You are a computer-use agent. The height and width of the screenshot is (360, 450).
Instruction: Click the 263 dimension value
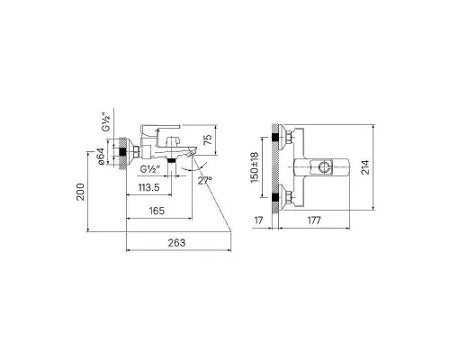176,243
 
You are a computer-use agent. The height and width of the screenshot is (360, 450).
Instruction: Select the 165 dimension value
157,211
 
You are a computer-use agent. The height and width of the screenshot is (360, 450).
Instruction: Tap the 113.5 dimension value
148,188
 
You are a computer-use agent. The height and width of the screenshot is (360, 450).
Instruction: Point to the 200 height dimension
81,192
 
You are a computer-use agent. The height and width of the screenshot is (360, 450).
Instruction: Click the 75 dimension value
208,139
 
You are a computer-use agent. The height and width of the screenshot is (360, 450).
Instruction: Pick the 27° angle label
204,181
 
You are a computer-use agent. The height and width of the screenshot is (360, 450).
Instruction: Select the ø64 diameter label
101,157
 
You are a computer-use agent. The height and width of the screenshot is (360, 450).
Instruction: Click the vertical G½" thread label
106,122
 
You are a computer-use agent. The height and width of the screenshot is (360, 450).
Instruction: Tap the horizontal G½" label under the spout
149,169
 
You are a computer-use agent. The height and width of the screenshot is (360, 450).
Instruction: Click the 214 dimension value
365,167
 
